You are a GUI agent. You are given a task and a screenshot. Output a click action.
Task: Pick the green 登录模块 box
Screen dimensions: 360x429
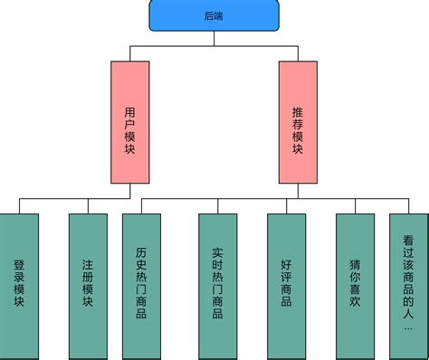pyautogui.click(x=19, y=285)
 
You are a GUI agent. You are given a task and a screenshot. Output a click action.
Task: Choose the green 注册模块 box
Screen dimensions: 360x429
pyautogui.click(x=88, y=285)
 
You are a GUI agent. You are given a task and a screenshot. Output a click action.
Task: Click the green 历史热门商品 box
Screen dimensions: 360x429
pyautogui.click(x=141, y=285)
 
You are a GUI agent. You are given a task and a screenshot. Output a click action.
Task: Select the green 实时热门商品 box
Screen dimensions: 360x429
pyautogui.click(x=217, y=285)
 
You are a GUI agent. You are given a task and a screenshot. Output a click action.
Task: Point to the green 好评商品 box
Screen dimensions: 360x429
pyautogui.click(x=286, y=285)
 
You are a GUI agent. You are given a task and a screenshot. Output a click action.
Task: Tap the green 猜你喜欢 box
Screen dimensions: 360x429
pyautogui.click(x=355, y=285)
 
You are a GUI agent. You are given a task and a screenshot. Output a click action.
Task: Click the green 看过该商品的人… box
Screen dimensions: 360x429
pyautogui.click(x=408, y=285)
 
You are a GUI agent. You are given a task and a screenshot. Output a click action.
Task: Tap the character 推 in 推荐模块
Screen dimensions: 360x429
pyautogui.click(x=299, y=108)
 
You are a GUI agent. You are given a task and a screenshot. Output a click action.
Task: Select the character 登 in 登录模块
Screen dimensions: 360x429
pyautogui.click(x=19, y=266)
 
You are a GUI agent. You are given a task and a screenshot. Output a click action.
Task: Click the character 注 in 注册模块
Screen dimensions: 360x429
pyautogui.click(x=88, y=266)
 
